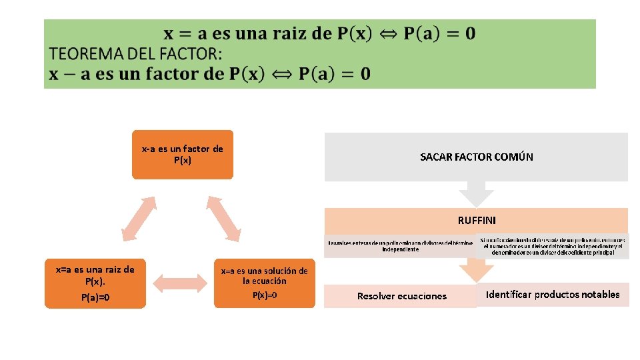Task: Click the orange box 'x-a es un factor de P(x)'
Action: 182,154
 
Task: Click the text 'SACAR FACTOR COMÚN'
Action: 476,157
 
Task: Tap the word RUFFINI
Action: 477,219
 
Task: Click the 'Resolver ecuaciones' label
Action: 401,296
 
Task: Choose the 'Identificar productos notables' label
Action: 553,294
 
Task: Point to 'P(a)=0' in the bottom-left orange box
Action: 95,297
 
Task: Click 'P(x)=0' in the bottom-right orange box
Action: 265,295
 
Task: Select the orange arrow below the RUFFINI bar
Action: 476,271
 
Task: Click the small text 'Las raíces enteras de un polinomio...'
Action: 401,246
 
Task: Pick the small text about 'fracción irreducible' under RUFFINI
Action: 553,245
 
